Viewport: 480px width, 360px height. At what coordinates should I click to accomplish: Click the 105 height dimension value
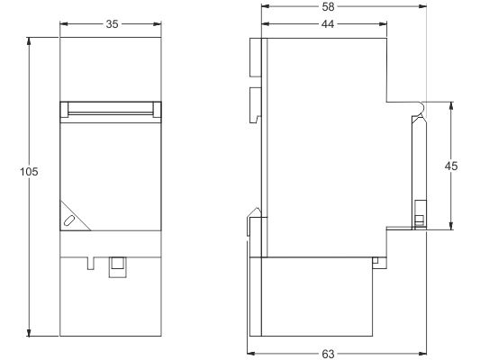pos(29,172)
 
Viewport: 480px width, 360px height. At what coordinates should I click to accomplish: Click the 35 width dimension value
pos(112,24)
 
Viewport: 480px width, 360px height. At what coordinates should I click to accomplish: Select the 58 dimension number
pos(328,6)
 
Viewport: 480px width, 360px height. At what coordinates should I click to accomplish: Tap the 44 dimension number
pos(328,24)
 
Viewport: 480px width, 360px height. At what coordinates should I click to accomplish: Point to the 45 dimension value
pos(451,166)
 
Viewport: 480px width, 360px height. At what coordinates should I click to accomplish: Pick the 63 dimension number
pos(328,354)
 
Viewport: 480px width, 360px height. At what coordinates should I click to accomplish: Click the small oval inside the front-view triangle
pos(69,220)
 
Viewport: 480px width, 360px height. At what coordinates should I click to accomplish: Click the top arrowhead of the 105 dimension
pos(29,41)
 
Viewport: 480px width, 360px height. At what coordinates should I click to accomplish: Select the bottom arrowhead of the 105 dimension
pos(29,332)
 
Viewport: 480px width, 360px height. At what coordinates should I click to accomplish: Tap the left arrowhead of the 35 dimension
pos(64,24)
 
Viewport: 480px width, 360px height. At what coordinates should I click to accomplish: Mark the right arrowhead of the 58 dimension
pos(422,6)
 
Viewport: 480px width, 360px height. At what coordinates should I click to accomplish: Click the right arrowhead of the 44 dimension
pos(383,24)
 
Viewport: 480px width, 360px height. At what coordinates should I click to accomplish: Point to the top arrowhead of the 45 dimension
pos(451,106)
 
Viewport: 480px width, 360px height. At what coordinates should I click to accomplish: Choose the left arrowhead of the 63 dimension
pos(250,354)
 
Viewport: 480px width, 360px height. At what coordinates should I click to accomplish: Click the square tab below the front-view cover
pos(118,267)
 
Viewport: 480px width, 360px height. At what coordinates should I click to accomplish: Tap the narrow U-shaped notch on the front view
pos(91,264)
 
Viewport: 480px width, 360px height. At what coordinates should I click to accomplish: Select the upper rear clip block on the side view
pos(256,58)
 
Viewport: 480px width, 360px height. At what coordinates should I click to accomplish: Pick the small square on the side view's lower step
pos(376,260)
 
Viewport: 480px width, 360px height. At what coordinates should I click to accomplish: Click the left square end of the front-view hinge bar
pos(64,110)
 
